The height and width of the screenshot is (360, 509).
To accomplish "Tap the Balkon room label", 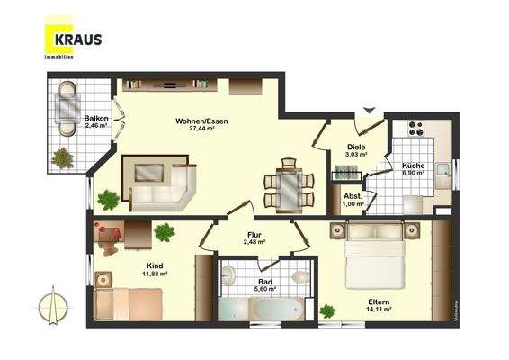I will click(x=96, y=119).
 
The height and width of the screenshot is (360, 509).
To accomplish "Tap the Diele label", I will click(x=357, y=147).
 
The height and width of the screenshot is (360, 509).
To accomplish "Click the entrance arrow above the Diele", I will click(x=366, y=112).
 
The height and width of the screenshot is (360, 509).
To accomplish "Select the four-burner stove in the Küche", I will click(x=416, y=129).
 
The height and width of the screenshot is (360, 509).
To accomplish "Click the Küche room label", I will click(x=414, y=166).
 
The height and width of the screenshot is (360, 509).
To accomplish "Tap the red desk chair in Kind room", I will click(x=109, y=237).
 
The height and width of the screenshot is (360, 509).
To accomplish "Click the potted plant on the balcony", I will click(x=63, y=158).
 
